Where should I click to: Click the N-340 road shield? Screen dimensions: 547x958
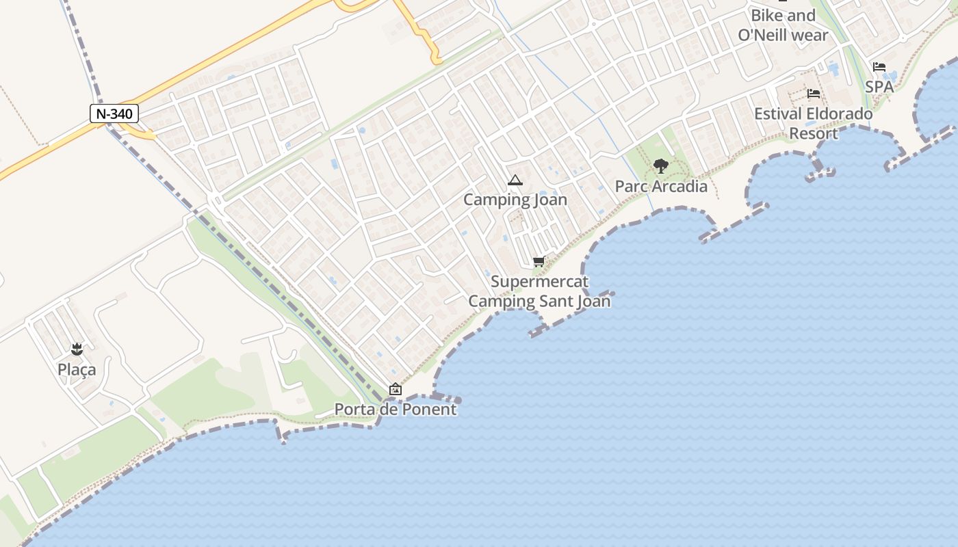(x=114, y=114)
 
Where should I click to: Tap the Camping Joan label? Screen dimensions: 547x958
(x=515, y=200)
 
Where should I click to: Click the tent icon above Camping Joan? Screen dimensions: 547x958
(x=515, y=181)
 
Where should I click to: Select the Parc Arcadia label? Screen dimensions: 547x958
(x=661, y=186)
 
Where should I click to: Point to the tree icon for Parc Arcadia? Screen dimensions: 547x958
(x=660, y=165)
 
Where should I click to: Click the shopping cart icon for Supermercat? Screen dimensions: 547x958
(x=539, y=261)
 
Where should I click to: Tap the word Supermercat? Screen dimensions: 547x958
(x=539, y=282)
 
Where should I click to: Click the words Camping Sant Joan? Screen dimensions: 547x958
(x=539, y=301)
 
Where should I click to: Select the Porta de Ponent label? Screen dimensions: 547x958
(x=395, y=410)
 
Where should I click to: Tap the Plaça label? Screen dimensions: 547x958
(x=77, y=370)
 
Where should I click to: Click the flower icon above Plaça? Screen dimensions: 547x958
(x=77, y=350)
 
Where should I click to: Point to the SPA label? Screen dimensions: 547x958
(x=879, y=87)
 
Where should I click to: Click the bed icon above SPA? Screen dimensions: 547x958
(x=879, y=67)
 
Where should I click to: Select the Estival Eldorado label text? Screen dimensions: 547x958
(x=814, y=114)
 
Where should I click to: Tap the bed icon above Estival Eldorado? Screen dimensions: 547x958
(x=814, y=94)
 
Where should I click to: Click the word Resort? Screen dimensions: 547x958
(x=814, y=133)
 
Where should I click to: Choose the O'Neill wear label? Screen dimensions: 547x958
(x=783, y=35)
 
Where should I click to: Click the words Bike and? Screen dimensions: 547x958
(x=783, y=16)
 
